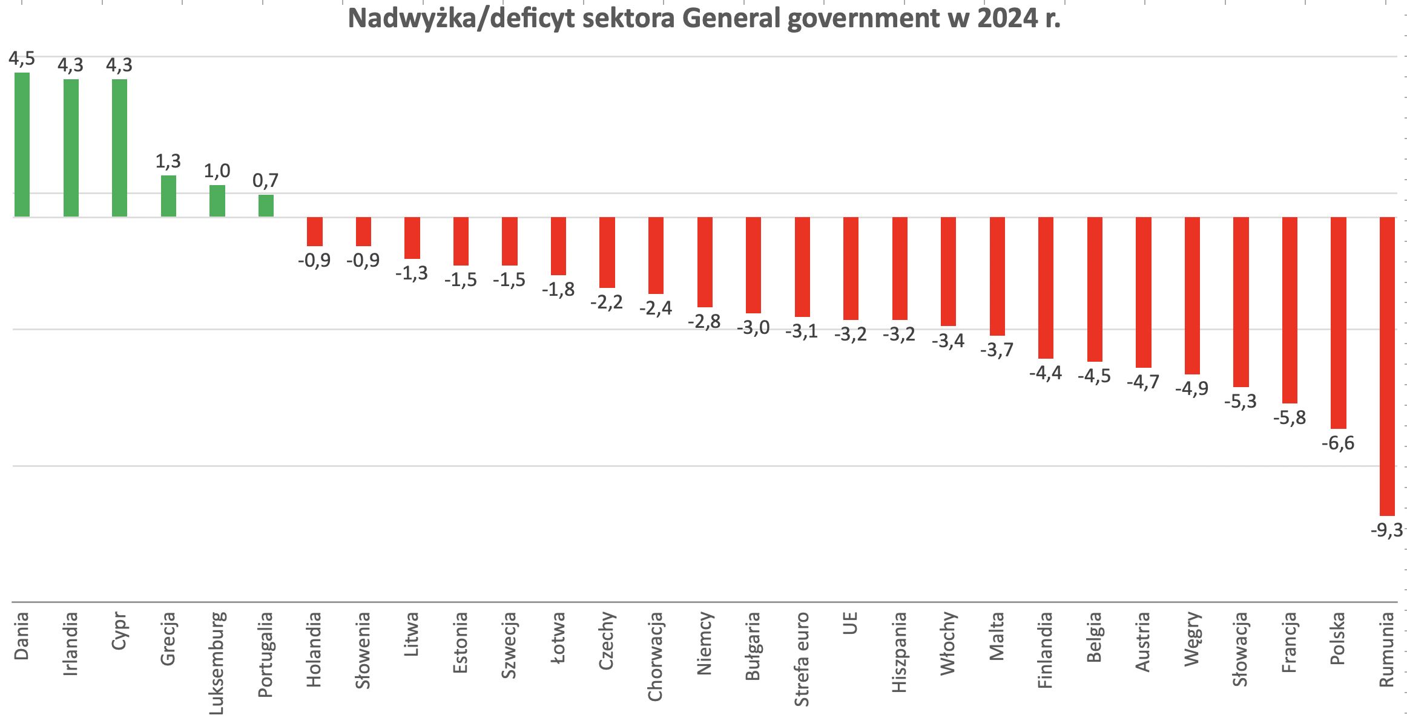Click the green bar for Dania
(x=22, y=145)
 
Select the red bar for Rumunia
(x=1386, y=366)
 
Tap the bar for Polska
(x=1338, y=322)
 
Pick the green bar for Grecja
(x=168, y=196)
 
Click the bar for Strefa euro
(x=802, y=267)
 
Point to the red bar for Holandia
(x=315, y=232)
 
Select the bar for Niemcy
(x=705, y=262)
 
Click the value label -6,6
(x=1337, y=443)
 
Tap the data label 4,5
(x=22, y=59)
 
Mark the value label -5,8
(x=1289, y=418)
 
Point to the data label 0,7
(x=266, y=180)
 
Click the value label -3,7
(x=997, y=350)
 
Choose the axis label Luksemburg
(x=218, y=663)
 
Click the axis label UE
(x=851, y=625)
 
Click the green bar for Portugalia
(x=266, y=206)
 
